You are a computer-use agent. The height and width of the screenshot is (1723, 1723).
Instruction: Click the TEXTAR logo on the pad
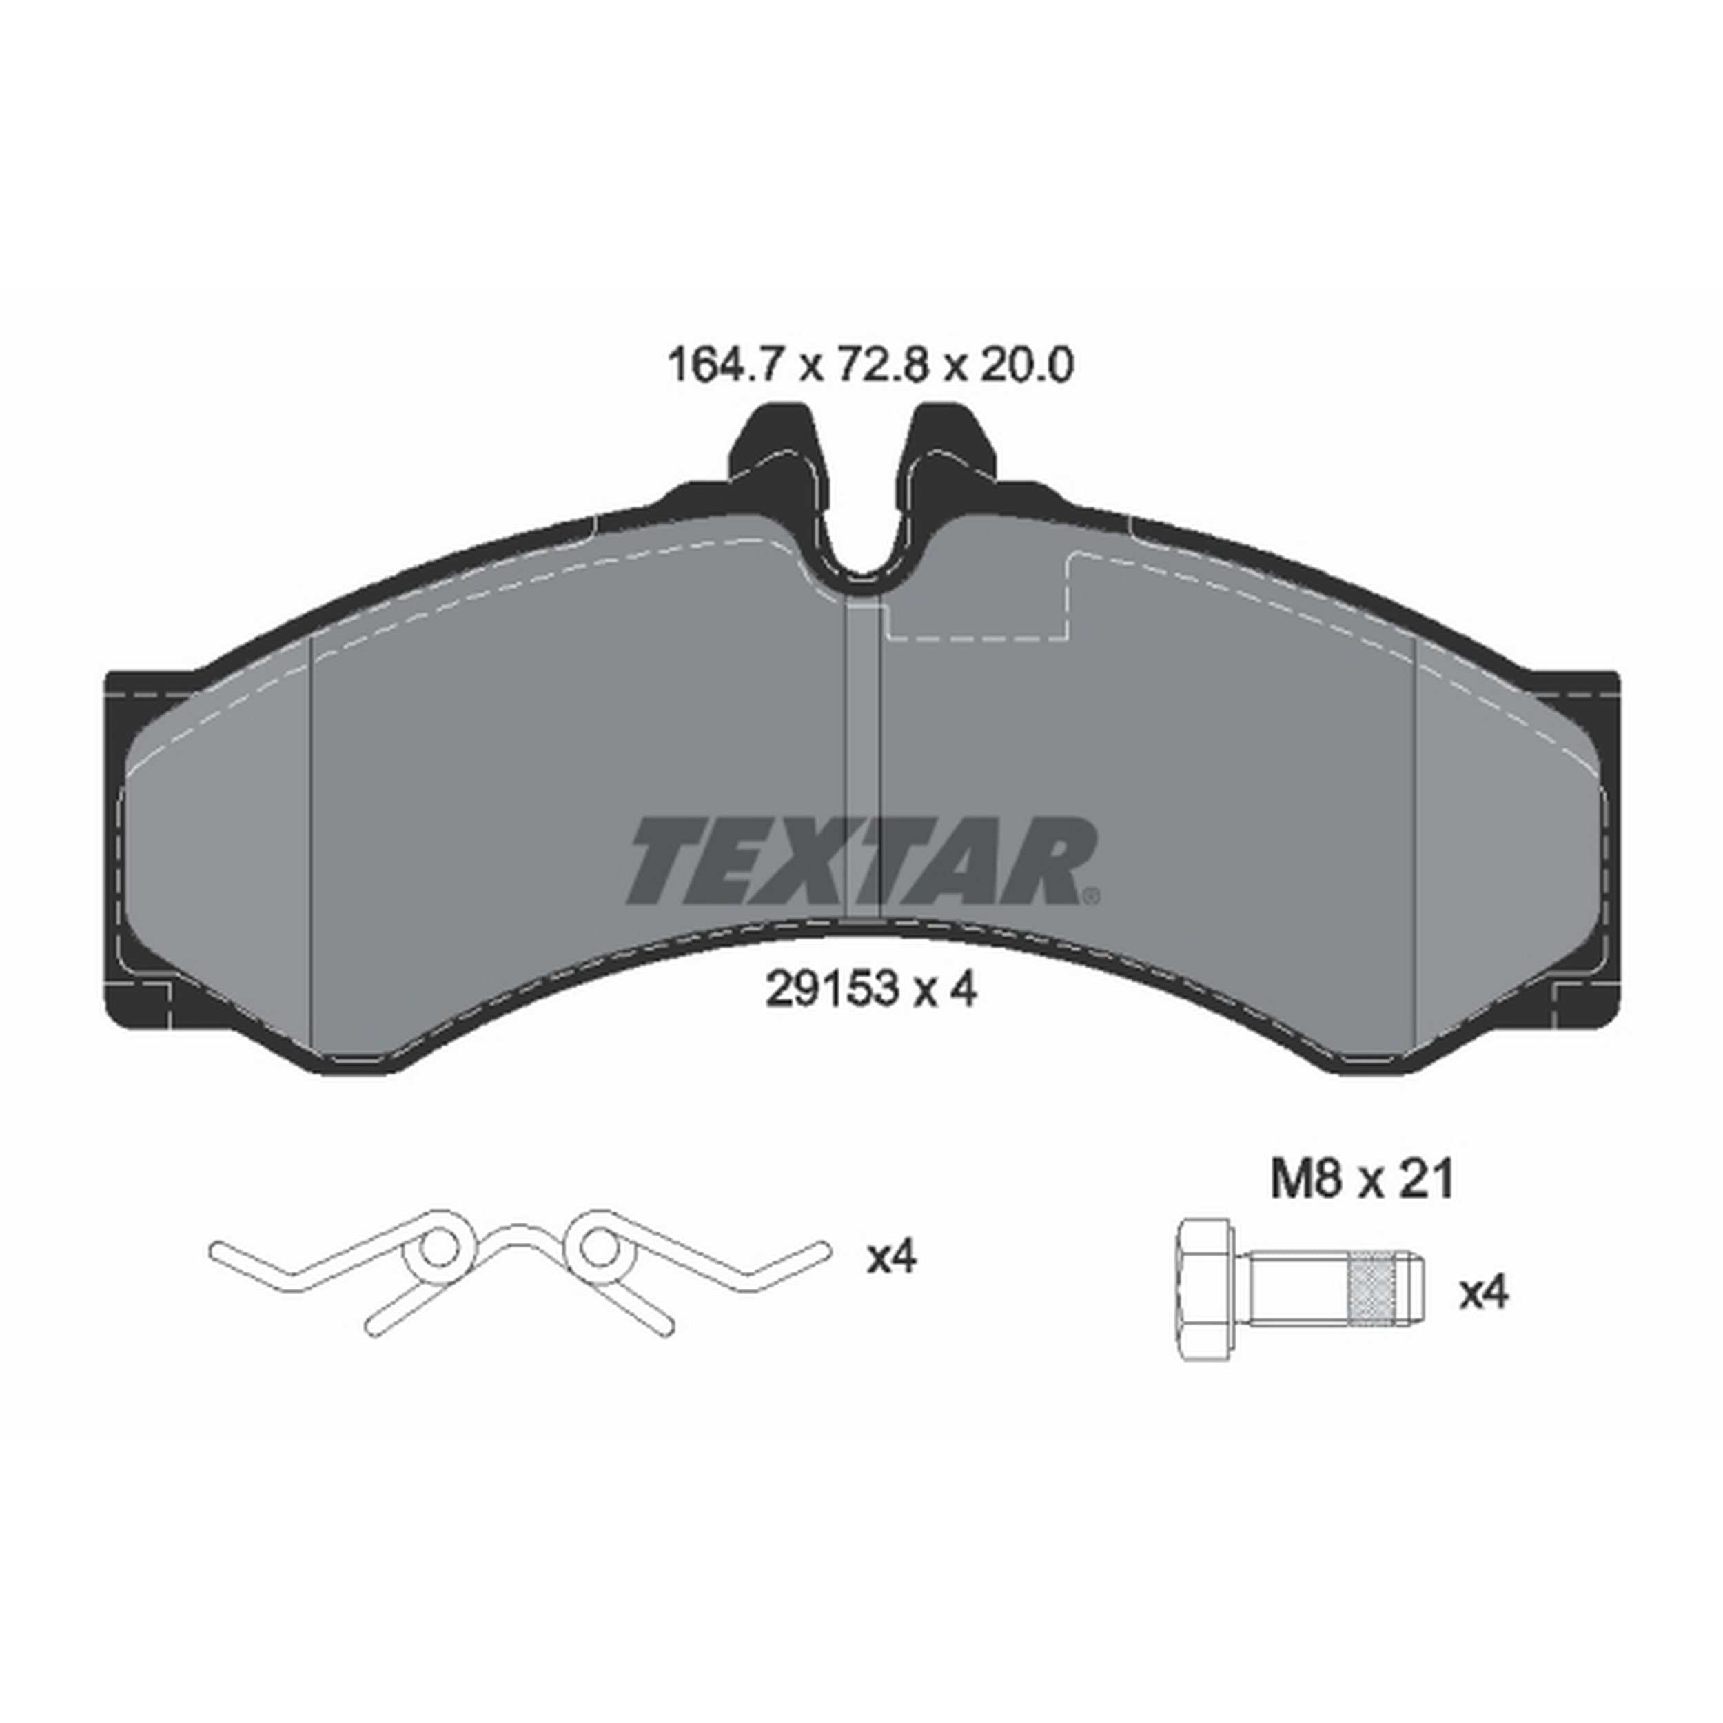861,861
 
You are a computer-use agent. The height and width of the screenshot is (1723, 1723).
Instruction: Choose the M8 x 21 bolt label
1362,1180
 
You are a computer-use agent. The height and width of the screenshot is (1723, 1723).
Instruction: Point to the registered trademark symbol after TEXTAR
1090,895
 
